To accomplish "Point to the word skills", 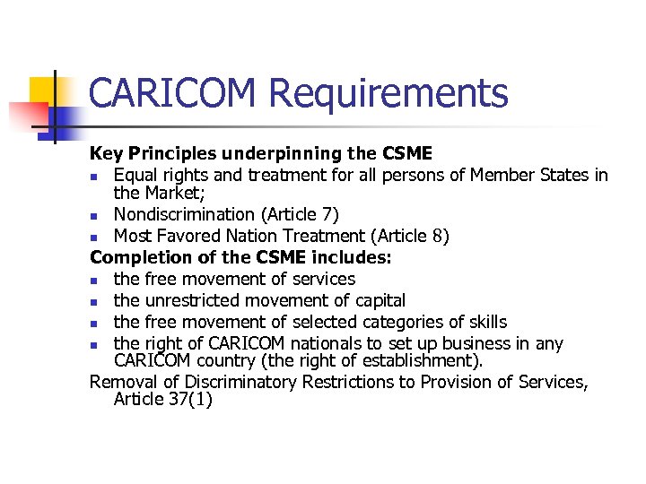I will [484, 322].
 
